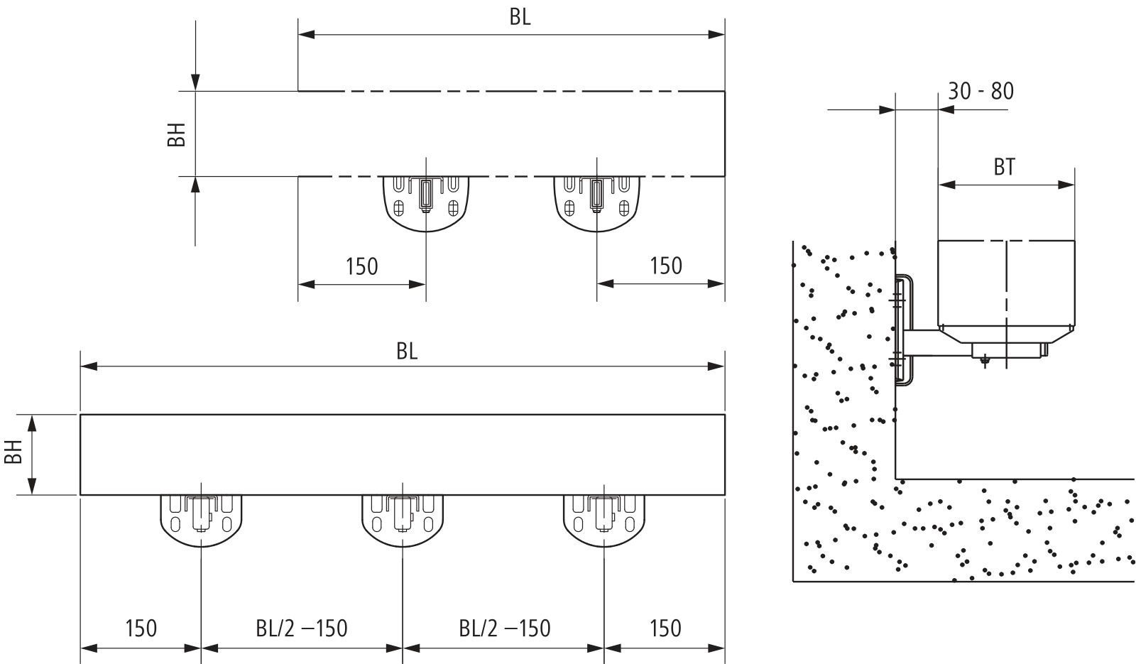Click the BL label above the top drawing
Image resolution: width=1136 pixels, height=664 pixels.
520,18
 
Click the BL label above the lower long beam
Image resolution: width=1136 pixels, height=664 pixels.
407,352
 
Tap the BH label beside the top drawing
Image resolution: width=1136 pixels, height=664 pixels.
177,134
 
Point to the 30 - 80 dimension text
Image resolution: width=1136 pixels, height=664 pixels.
981,91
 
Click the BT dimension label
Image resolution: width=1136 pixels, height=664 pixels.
1004,167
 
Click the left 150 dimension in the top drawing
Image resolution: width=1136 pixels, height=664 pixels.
361,266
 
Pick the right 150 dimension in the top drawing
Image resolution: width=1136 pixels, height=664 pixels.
665,266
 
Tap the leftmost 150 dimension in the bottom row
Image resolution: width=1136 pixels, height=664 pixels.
141,628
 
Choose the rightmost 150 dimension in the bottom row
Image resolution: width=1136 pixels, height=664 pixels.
665,628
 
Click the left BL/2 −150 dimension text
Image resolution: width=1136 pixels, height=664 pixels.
302,628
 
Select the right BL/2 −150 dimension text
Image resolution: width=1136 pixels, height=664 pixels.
504,628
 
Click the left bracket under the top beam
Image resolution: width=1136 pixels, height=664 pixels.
426,202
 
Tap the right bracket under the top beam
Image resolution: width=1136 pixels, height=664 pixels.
596,202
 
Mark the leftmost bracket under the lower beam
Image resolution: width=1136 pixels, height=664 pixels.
202,519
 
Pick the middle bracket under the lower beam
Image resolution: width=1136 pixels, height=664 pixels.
403,519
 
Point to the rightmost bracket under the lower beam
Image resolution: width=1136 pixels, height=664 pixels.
604,519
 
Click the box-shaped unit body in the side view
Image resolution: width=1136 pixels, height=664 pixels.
1006,284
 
